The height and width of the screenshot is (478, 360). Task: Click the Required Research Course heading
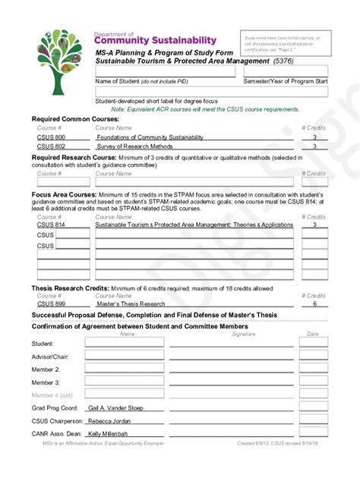tap(63, 157)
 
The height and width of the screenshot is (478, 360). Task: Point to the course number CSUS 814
tap(50, 225)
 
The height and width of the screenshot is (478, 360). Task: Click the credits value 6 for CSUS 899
tap(314, 304)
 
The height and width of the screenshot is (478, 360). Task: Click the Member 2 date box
tap(313, 370)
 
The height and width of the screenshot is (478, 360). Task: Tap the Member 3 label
tap(46, 382)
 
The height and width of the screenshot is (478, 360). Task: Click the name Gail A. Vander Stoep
tap(115, 407)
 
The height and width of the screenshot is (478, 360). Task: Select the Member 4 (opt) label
tap(52, 395)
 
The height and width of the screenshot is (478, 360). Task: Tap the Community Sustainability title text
tap(155, 40)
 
